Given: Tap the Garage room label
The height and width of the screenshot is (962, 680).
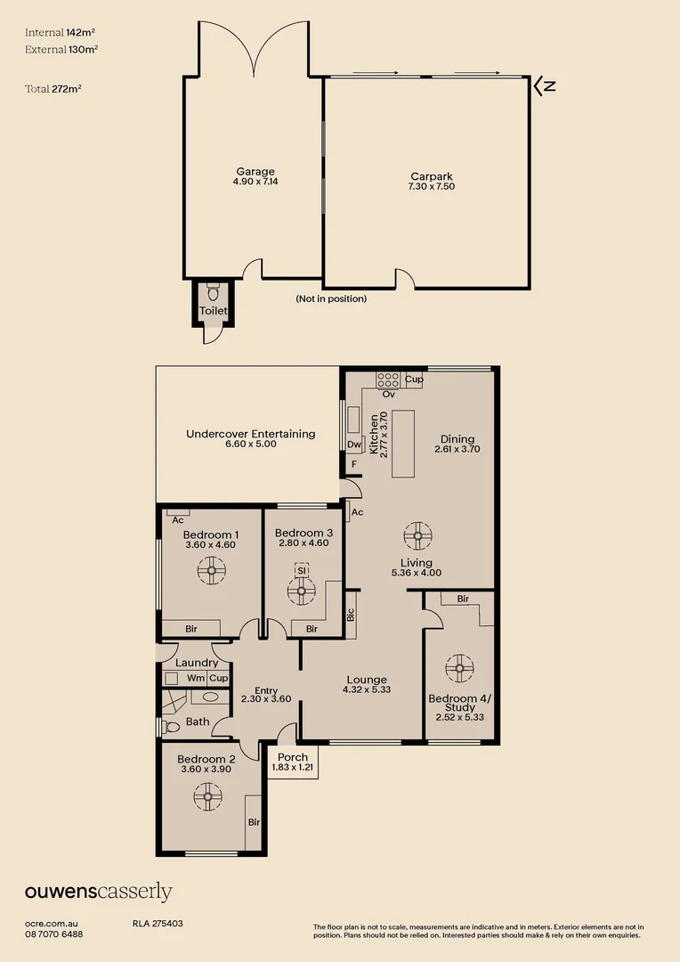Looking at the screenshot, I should click(x=255, y=172).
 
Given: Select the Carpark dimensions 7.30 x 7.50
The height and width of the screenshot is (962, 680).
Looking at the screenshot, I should click(x=433, y=187).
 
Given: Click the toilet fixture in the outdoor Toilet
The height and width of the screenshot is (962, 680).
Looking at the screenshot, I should click(x=213, y=293).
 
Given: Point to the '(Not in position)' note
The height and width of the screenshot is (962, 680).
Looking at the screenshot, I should click(x=331, y=299).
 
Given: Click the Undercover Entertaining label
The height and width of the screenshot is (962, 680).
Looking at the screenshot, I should click(x=250, y=434).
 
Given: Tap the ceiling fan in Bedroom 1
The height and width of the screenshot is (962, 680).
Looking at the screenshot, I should click(x=212, y=572).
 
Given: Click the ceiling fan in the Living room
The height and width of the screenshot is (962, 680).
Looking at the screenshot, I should click(x=417, y=537).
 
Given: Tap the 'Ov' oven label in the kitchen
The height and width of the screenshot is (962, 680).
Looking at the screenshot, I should click(x=388, y=393).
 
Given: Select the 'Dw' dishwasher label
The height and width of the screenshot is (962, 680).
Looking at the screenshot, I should click(x=353, y=444).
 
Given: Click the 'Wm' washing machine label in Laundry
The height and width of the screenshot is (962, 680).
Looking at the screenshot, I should click(x=194, y=678).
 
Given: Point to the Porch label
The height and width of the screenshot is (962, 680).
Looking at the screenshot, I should click(x=293, y=758).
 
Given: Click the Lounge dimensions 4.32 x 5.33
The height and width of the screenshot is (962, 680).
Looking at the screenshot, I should click(x=366, y=689).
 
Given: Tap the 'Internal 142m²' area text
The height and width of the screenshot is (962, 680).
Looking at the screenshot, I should click(x=61, y=32).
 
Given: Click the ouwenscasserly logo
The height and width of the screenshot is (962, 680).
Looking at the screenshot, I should click(x=98, y=892).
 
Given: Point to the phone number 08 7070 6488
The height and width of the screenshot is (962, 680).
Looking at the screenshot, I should click(x=53, y=934).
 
